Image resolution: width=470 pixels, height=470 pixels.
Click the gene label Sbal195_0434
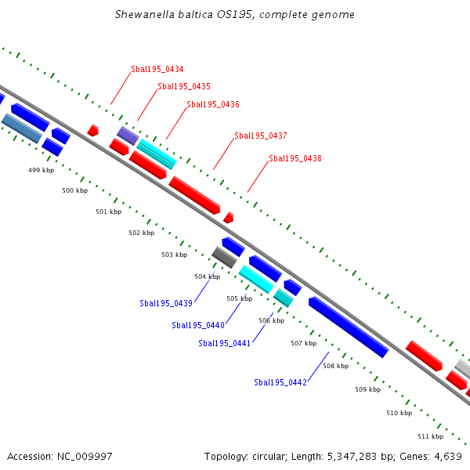tap(157, 70)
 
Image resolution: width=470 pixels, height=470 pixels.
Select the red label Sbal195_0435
tap(184, 87)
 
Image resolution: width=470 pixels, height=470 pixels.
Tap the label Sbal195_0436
tap(213, 104)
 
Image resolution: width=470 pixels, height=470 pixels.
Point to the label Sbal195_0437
tap(261, 136)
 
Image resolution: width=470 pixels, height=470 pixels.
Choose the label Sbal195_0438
tap(295, 158)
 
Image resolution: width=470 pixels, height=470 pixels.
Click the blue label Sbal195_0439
tap(166, 303)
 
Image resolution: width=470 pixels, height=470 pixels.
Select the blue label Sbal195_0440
tap(198, 326)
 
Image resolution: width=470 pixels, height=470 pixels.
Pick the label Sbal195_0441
tap(224, 343)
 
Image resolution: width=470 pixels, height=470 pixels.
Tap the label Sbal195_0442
tap(280, 382)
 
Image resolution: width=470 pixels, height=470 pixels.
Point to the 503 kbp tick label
tap(175, 255)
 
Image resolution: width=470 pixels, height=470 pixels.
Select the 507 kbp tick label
tap(303, 344)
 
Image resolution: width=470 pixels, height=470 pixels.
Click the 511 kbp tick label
tap(430, 436)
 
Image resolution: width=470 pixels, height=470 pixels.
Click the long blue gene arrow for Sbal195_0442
tap(348, 327)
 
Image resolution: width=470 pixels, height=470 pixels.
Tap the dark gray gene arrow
tap(224, 257)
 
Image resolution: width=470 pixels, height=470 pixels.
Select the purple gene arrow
tap(128, 134)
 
